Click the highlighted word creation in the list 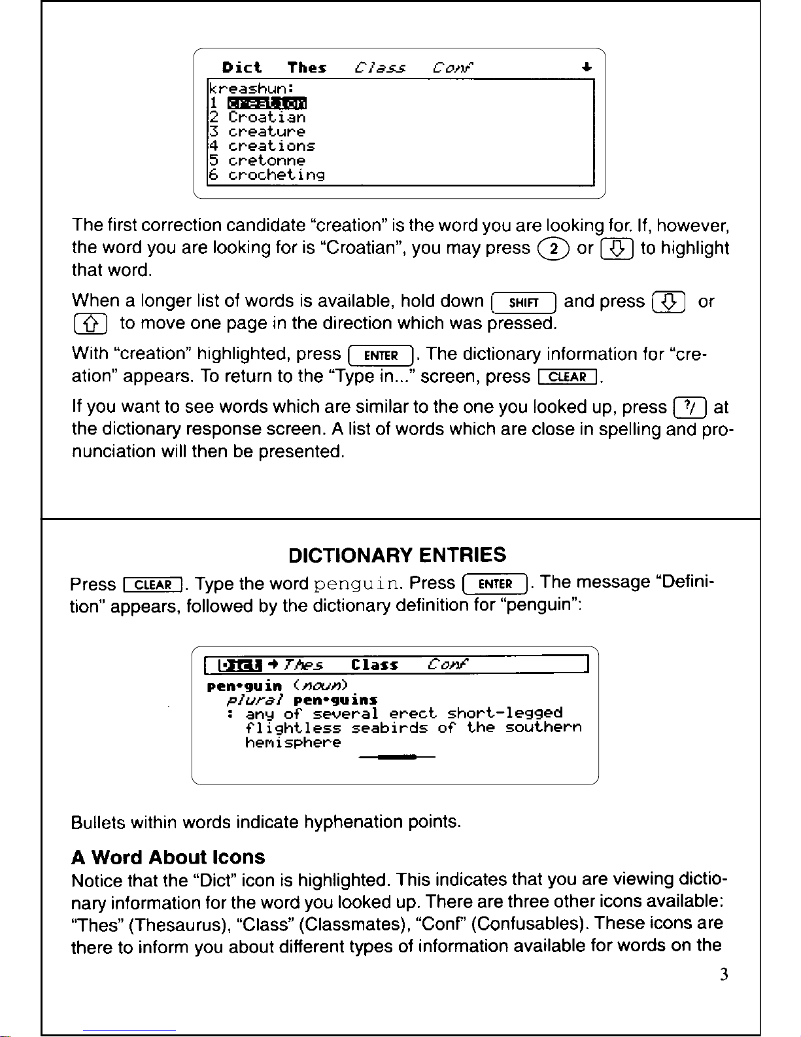tap(267, 103)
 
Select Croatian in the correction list tap(267, 117)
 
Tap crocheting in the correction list tap(276, 175)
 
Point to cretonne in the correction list tap(267, 160)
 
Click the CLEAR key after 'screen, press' tap(567, 377)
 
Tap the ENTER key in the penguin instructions tap(495, 584)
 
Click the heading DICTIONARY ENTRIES tap(398, 555)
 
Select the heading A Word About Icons tap(168, 857)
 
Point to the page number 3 tap(724, 975)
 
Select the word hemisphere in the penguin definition tap(293, 743)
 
